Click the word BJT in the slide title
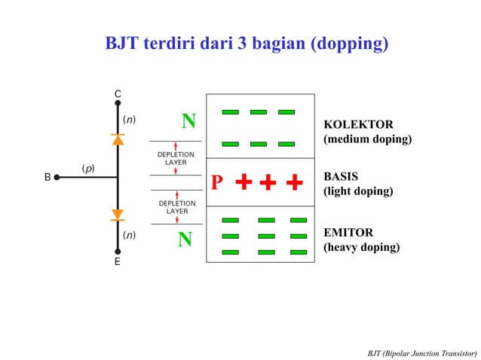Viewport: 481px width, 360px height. (122, 44)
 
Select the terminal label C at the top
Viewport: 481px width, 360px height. (118, 93)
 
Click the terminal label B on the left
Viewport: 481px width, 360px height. (47, 178)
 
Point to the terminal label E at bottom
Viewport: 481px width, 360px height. (118, 263)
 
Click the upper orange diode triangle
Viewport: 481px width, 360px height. (118, 139)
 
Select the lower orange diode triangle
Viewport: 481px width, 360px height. (118, 215)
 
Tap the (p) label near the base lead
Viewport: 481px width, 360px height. (87, 168)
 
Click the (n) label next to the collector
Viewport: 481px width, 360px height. (130, 119)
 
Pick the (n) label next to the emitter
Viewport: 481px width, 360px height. (130, 235)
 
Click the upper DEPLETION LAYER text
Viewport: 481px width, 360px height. (176, 158)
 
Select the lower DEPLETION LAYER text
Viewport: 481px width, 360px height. (176, 207)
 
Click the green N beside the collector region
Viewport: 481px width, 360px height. (188, 121)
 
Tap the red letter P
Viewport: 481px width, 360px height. (217, 183)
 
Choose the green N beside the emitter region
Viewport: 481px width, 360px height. (185, 239)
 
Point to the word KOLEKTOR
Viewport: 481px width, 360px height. (358, 124)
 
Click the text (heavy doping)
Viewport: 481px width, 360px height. (361, 247)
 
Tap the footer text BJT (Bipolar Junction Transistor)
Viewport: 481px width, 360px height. (422, 352)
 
